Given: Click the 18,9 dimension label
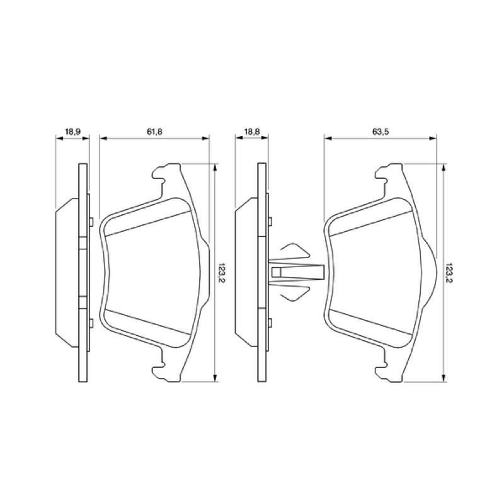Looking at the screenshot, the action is [x=72, y=132].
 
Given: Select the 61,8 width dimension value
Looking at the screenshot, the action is [x=154, y=132].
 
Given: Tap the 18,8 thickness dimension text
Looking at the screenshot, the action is [x=251, y=132].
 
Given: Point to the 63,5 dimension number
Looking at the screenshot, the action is [x=381, y=132].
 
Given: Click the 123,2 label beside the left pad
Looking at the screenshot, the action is [x=222, y=273].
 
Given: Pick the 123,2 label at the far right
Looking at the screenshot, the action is [x=450, y=273].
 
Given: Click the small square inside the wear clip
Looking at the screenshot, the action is [x=277, y=272].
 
